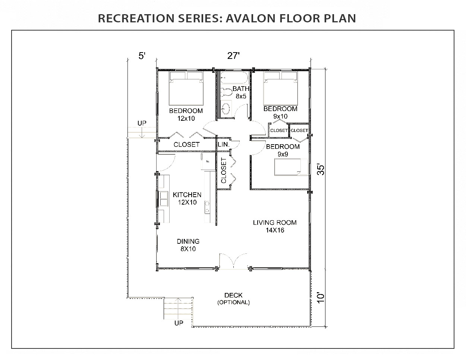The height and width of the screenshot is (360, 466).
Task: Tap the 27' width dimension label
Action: tap(233, 56)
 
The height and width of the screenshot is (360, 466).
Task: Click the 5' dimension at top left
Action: tap(142, 56)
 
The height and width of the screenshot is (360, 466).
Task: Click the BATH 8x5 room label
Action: tap(241, 92)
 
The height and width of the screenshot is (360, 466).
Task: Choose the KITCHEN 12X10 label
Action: tap(187, 199)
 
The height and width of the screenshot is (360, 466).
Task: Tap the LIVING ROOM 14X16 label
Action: tap(275, 226)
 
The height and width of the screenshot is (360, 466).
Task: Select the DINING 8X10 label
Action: tap(188, 245)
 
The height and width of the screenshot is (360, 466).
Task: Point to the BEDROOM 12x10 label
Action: tap(186, 114)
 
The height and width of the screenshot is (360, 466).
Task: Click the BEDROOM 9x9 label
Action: tap(283, 150)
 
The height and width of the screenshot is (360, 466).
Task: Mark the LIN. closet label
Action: tap(223, 144)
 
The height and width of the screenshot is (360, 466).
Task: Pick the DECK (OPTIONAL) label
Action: tap(233, 299)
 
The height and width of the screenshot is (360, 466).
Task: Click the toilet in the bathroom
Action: tap(226, 92)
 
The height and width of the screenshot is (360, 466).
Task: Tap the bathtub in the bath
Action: tap(233, 78)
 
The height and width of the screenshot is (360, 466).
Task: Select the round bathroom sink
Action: tap(226, 109)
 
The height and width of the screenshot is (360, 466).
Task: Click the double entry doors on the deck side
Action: tap(233, 261)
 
